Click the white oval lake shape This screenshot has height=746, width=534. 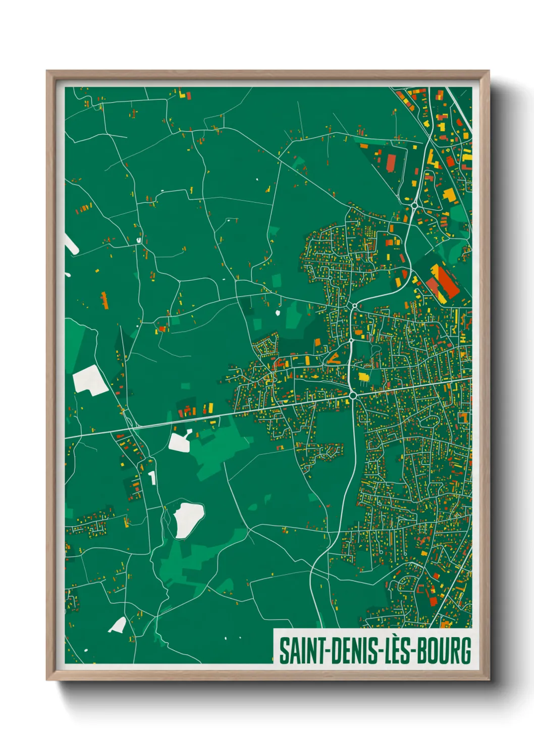click(188, 519)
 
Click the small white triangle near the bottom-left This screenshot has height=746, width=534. click(118, 626)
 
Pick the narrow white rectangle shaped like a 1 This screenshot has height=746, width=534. click(152, 477)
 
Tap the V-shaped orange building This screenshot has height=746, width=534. click(334, 359)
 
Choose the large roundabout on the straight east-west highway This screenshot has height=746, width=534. click(353, 396)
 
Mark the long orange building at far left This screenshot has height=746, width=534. click(104, 299)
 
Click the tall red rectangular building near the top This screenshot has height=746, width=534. click(391, 162)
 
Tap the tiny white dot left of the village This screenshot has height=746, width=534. click(278, 313)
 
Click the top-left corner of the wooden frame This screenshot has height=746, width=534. click(47, 71)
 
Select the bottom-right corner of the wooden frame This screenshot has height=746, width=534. click(489, 679)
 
